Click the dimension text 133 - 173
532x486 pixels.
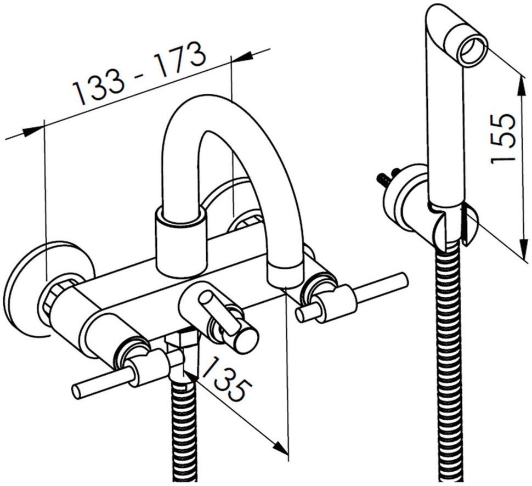pos(140,74)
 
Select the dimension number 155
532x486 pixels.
pos(502,138)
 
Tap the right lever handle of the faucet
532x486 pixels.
pos(353,298)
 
